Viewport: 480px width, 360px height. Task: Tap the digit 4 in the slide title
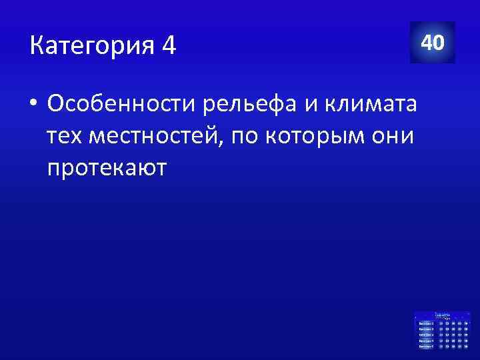[168, 47]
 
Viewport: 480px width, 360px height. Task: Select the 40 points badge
[433, 43]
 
